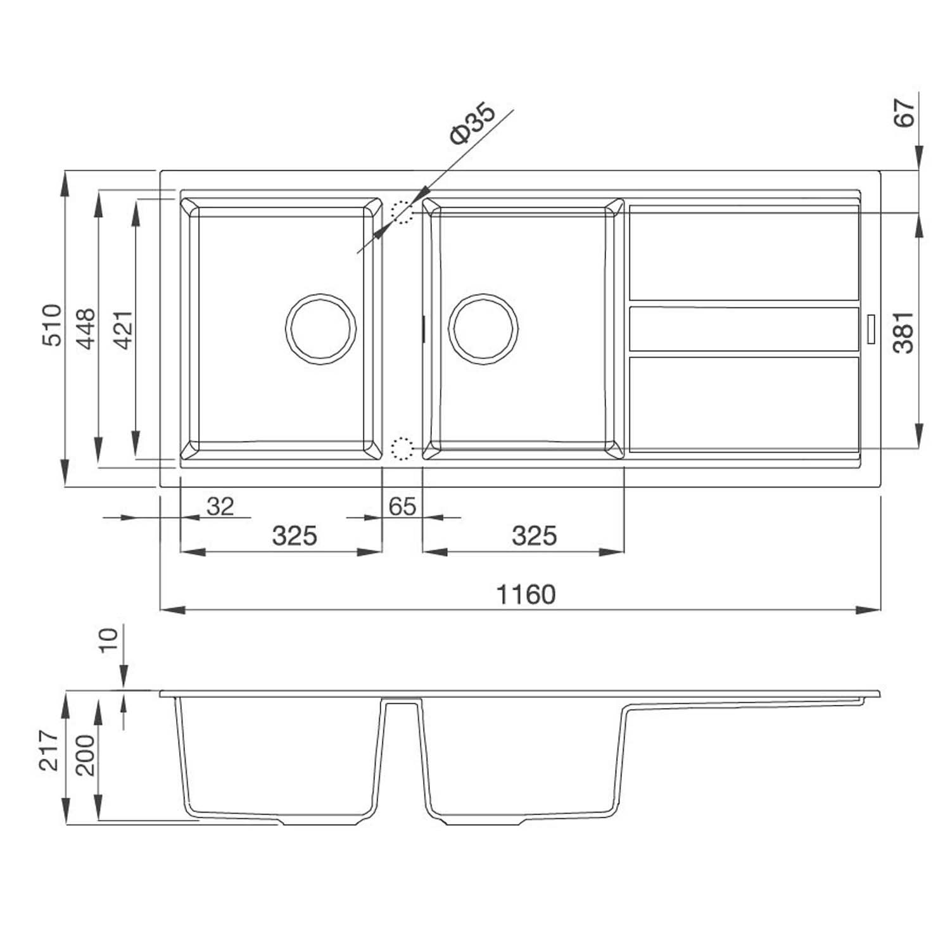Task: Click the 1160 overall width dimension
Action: click(526, 595)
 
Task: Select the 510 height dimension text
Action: click(52, 325)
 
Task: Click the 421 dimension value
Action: click(123, 329)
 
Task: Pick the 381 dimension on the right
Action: click(904, 332)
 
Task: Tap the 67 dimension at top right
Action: click(905, 113)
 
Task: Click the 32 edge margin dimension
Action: click(220, 506)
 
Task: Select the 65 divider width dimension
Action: click(402, 506)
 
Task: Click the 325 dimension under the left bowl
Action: click(294, 536)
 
